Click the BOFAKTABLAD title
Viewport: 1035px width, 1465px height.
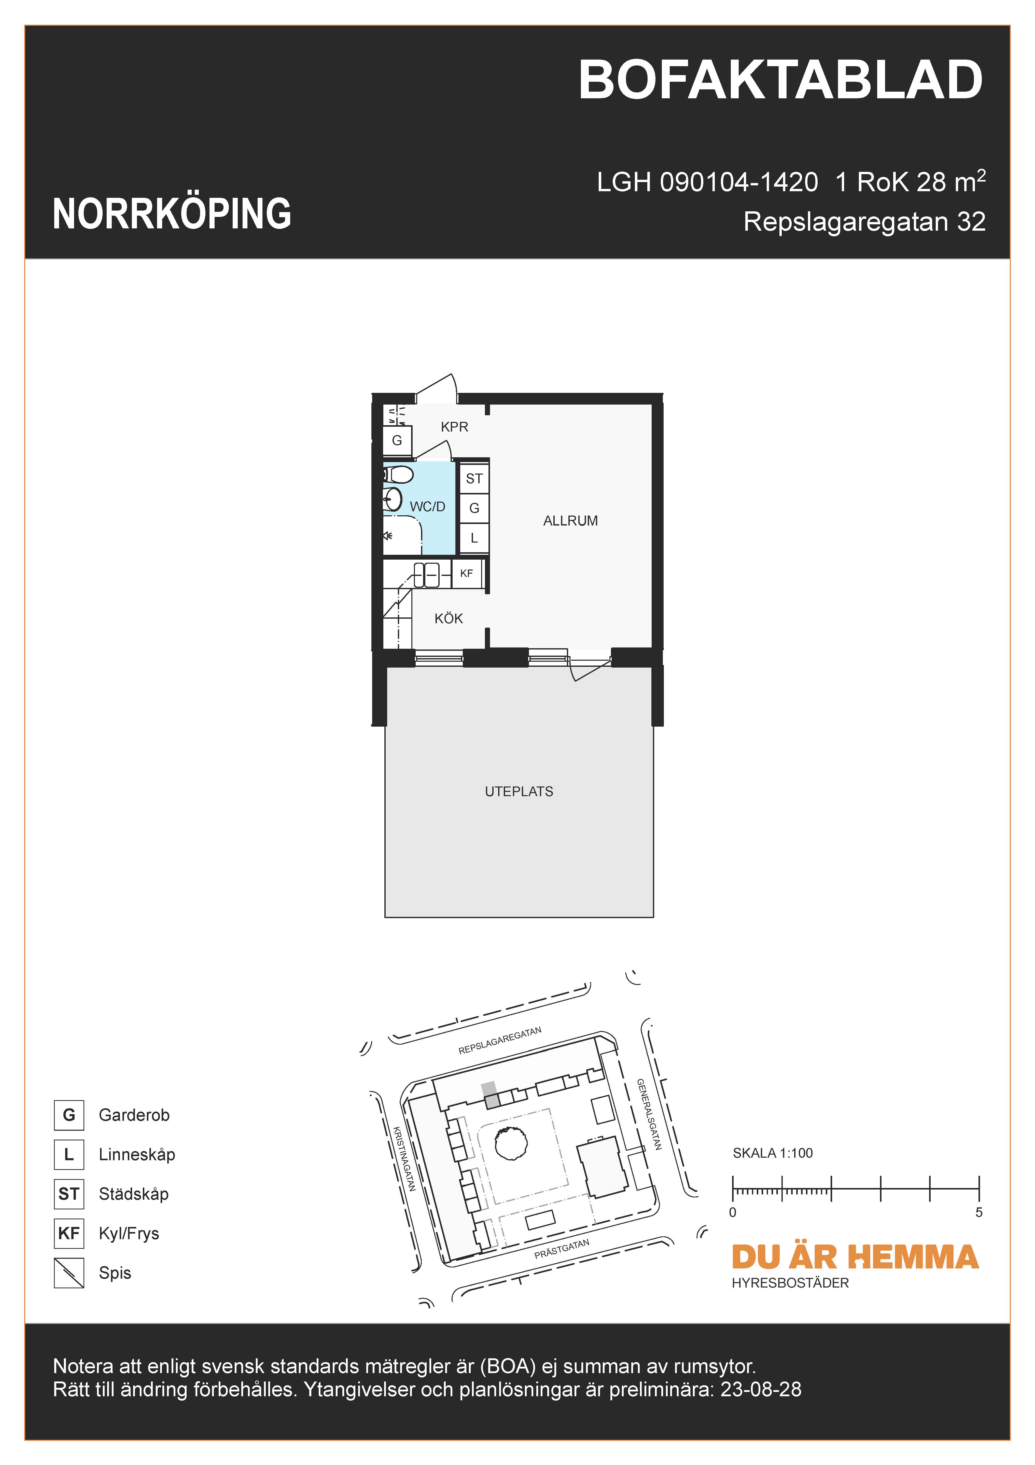point(780,81)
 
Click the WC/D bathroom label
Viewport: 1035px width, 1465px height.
point(427,507)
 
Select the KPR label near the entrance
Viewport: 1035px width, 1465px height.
point(454,427)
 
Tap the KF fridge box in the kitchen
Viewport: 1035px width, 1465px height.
point(466,573)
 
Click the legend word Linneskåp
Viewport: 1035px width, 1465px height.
point(136,1154)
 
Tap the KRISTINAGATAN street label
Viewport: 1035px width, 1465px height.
point(404,1159)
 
